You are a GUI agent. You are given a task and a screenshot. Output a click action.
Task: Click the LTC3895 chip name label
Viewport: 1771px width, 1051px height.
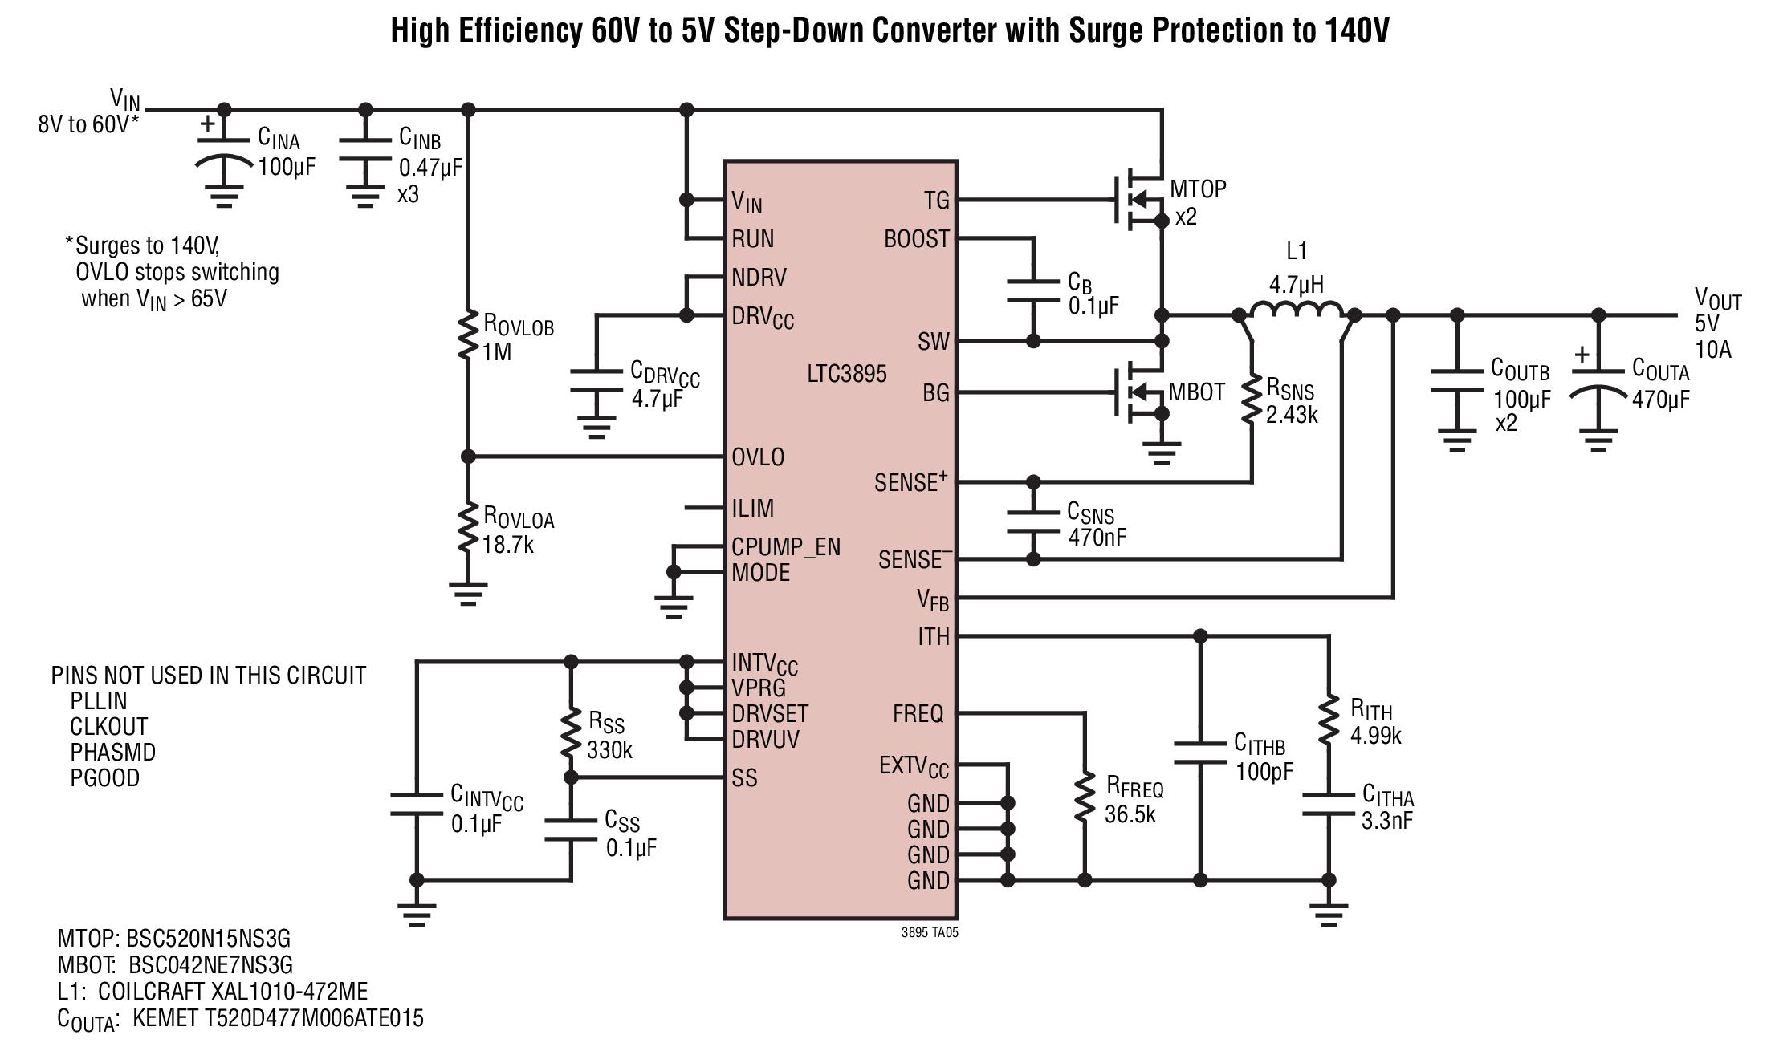847,374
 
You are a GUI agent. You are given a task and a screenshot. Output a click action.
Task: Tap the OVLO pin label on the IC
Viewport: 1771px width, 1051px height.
758,457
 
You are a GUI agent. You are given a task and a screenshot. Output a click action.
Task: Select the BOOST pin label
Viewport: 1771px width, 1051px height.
917,239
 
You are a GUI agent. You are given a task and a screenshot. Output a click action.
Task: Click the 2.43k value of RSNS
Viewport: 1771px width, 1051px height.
1292,415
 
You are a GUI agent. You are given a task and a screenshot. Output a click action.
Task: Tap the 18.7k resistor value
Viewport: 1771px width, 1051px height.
508,545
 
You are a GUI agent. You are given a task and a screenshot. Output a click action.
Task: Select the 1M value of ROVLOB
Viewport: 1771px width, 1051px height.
497,351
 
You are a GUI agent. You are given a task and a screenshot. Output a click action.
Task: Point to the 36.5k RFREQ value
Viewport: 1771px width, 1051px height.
1130,814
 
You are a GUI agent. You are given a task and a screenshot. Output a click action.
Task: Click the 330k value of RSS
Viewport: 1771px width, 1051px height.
610,750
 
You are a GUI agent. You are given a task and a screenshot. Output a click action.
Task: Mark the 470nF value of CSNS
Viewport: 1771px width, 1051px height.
1097,537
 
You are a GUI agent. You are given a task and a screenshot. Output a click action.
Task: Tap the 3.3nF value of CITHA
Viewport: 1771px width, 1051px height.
1387,821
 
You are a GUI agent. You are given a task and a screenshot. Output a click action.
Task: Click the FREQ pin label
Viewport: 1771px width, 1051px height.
918,714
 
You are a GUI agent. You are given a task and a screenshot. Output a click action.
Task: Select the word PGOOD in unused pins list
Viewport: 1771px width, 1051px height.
105,778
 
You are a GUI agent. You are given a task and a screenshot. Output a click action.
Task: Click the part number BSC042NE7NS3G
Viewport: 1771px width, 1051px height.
211,964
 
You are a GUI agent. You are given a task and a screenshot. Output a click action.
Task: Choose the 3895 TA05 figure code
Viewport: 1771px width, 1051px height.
930,933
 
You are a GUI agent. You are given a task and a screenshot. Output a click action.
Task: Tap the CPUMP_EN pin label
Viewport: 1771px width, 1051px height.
786,548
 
